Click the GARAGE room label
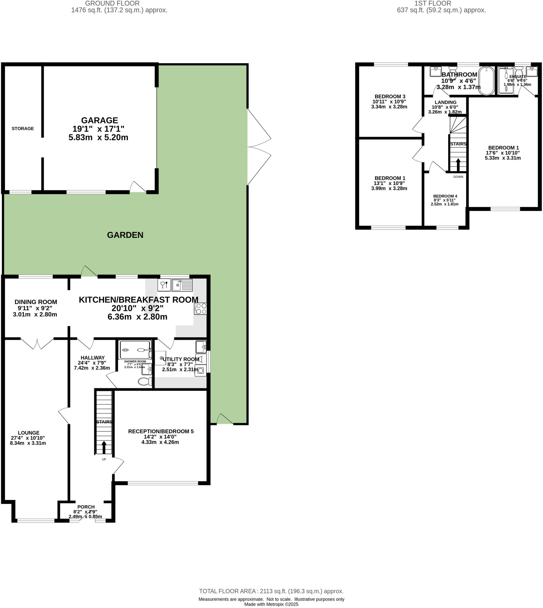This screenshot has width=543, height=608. click(x=99, y=121)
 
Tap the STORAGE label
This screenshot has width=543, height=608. click(x=23, y=129)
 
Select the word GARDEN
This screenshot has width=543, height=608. click(x=125, y=235)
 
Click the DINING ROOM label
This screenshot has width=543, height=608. click(x=36, y=302)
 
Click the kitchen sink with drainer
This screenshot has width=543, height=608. click(x=182, y=285)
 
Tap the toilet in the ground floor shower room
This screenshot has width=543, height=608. click(x=145, y=381)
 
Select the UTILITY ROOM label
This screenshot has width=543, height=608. click(x=181, y=359)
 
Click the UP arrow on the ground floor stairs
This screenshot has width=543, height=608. click(x=104, y=448)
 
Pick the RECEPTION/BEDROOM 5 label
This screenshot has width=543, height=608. click(x=161, y=431)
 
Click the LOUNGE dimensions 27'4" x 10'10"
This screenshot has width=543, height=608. click(x=29, y=438)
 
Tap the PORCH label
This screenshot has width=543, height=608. click(x=86, y=507)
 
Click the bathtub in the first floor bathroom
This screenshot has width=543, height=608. click(x=487, y=80)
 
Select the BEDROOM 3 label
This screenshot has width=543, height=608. click(x=390, y=96)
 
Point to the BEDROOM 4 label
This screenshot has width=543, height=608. click(x=445, y=196)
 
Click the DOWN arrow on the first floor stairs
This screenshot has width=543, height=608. click(x=458, y=164)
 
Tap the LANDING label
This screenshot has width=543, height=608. click(x=446, y=102)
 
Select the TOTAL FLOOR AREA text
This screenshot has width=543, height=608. click(x=271, y=591)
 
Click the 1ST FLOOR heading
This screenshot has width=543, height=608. click(x=432, y=3)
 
